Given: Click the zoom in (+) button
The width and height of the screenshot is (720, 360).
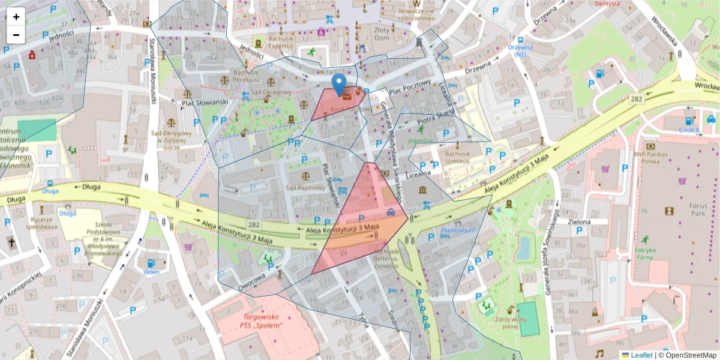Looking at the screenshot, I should point(16,17).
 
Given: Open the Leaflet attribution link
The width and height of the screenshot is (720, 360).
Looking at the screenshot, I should point(641,355).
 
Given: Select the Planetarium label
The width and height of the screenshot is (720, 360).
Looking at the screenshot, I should point(458,230).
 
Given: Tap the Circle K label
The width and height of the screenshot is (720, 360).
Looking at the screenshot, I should point(689,129).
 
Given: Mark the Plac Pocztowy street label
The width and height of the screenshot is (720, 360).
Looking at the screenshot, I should point(410,87).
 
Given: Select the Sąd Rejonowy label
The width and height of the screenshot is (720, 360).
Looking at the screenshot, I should point(305,188).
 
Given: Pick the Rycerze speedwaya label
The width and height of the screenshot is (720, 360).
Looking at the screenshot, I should point(41,223).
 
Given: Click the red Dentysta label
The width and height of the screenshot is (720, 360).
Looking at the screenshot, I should point(607,3).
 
